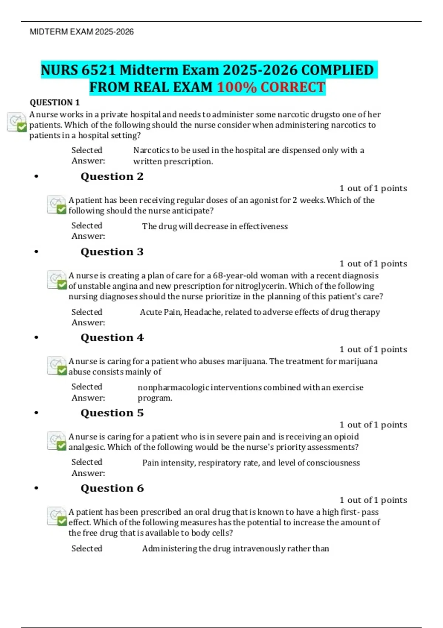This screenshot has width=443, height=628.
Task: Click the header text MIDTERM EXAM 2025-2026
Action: pyautogui.click(x=82, y=32)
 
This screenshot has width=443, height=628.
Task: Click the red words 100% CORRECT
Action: pyautogui.click(x=271, y=88)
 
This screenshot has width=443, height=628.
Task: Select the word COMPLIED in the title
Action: pyautogui.click(x=337, y=70)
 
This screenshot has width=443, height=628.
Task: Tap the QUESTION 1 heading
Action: pyautogui.click(x=55, y=102)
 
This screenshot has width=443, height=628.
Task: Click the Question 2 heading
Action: pyautogui.click(x=112, y=177)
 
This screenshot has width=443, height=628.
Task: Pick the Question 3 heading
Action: pyautogui.click(x=112, y=252)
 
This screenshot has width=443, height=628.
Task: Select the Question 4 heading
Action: pyautogui.click(x=112, y=338)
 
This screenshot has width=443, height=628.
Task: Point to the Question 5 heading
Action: pyautogui.click(x=112, y=413)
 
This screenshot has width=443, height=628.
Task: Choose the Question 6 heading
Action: pyautogui.click(x=112, y=488)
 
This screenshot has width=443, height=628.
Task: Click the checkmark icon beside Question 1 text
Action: pyautogui.click(x=17, y=122)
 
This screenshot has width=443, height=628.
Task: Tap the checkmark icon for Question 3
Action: pyautogui.click(x=56, y=280)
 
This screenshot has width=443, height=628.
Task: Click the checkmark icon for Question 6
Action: pyautogui.click(x=56, y=516)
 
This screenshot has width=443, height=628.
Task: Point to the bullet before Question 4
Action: pyautogui.click(x=36, y=337)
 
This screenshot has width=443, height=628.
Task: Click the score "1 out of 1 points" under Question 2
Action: pyautogui.click(x=373, y=188)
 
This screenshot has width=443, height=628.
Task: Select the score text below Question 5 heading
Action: pyautogui.click(x=373, y=425)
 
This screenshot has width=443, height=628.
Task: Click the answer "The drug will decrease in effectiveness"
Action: pyautogui.click(x=215, y=226)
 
